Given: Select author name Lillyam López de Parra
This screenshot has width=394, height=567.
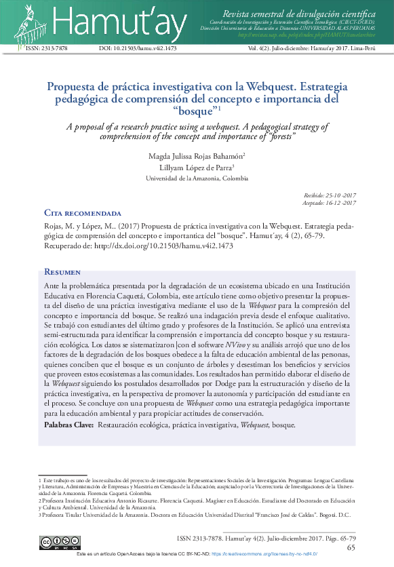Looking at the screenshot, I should [195, 168].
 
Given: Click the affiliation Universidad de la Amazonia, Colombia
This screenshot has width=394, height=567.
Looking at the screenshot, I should [197, 178].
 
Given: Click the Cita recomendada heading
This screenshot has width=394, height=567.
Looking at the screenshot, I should [83, 213].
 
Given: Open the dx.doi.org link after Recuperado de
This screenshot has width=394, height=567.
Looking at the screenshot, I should [163, 246].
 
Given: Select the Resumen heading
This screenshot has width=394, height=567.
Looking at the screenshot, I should [62, 272].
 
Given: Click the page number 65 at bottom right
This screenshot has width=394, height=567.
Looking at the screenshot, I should [351, 548].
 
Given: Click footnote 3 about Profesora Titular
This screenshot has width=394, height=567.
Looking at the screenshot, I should [197, 515].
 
